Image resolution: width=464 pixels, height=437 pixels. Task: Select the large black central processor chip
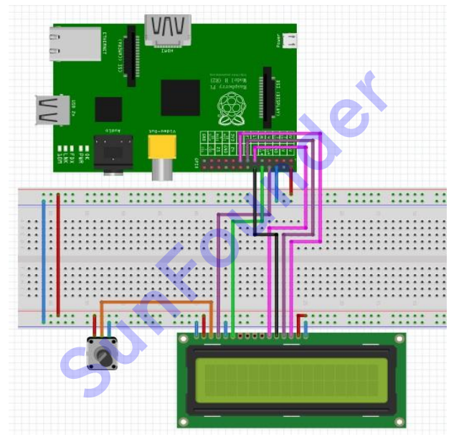click(180, 98)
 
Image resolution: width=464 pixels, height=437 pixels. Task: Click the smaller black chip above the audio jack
click(108, 109)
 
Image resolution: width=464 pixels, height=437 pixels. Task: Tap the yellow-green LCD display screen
click(290, 378)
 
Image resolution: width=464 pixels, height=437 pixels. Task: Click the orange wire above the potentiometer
click(154, 304)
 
